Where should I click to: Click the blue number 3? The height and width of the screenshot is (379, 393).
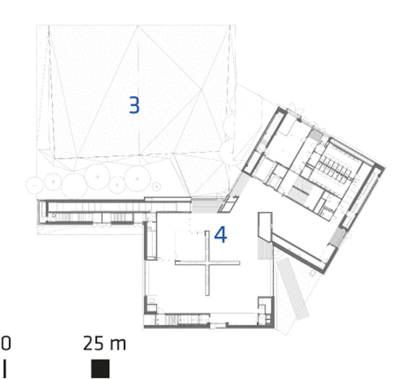[x=134, y=105]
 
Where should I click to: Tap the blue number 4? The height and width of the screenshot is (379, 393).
[x=221, y=234]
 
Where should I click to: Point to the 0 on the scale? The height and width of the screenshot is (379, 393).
[x=6, y=343]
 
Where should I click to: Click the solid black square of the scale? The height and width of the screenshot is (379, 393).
[x=100, y=369]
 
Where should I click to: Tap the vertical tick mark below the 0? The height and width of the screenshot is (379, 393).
[x=5, y=369]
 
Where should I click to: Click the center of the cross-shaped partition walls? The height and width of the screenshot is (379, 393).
[x=207, y=263]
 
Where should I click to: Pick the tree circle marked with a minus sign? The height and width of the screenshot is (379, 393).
[x=34, y=185]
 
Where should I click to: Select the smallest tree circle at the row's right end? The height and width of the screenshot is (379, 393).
[x=156, y=187]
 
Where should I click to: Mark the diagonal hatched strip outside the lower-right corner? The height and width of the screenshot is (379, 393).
[x=293, y=289]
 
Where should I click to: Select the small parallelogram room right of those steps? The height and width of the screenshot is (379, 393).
[x=228, y=204]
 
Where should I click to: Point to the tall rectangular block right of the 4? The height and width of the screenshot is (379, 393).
[x=265, y=227]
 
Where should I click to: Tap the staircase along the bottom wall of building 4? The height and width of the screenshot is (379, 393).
[x=187, y=319]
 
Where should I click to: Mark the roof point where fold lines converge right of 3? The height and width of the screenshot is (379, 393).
[x=201, y=90]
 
